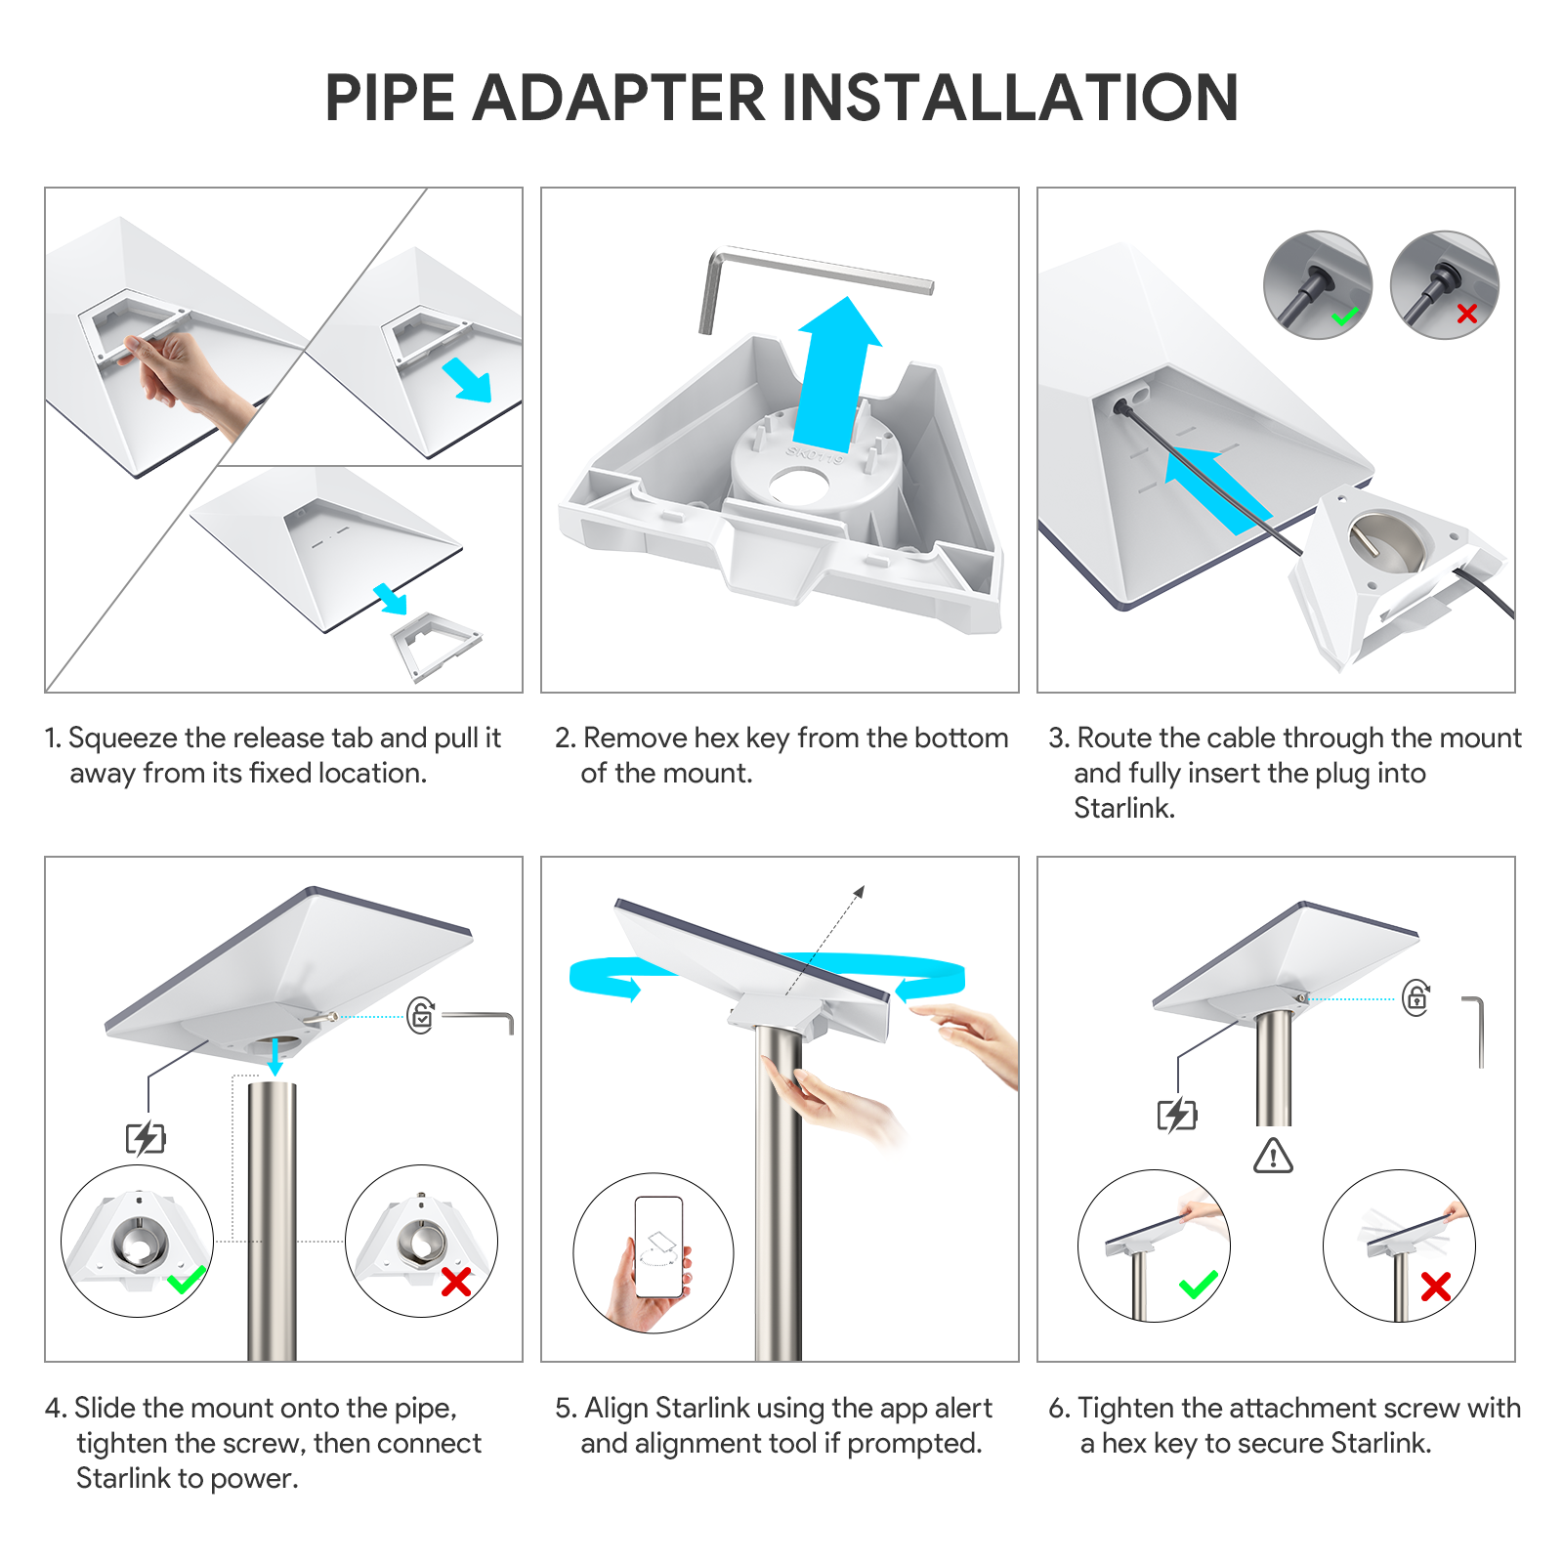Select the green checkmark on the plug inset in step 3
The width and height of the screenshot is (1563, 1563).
[1345, 316]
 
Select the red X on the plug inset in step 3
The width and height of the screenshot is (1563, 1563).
[1467, 314]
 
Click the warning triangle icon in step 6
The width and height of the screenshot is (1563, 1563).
[1273, 1156]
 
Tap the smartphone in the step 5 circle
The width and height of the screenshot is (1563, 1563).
[658, 1247]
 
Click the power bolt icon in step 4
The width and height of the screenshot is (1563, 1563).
[147, 1138]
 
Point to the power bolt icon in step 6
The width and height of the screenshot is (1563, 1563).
[1177, 1115]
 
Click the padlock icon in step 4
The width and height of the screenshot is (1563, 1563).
[421, 1016]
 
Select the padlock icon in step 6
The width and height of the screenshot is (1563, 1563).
[1416, 997]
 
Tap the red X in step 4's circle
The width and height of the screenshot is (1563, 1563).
[456, 1282]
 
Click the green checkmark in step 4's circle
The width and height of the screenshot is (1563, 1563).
[186, 1279]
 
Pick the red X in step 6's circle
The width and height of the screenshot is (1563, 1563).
[1436, 1287]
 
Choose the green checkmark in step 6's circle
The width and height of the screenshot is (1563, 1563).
[1199, 1285]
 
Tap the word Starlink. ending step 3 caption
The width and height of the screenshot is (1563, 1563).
[1124, 808]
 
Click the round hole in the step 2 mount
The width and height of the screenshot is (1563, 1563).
[799, 486]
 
